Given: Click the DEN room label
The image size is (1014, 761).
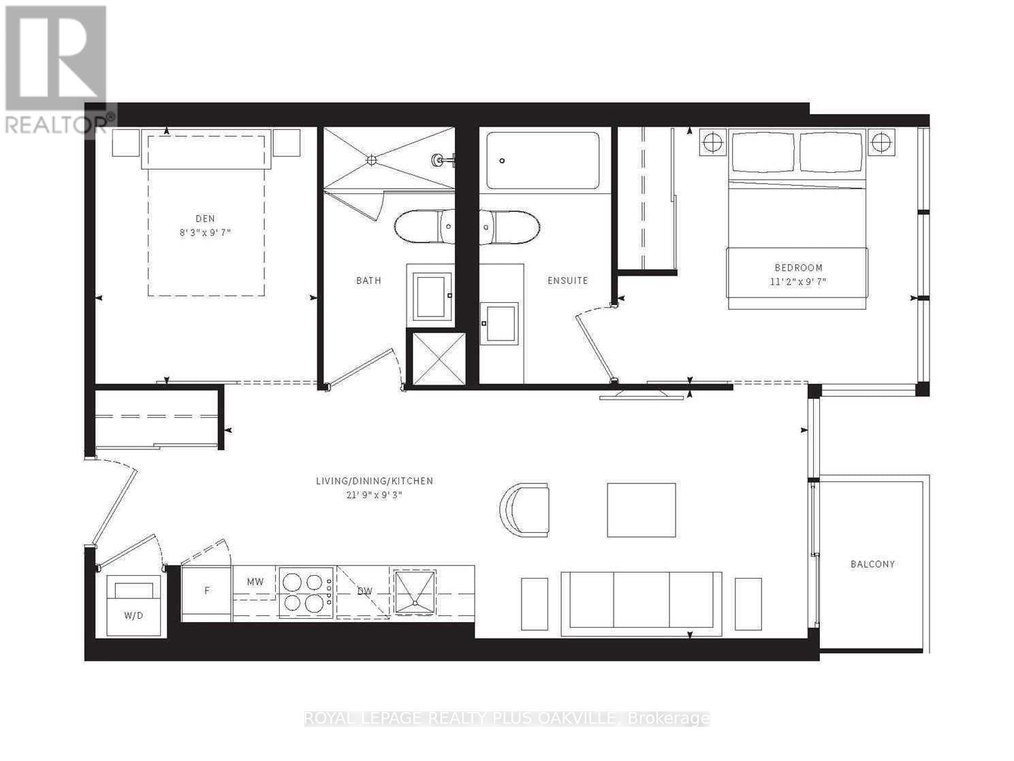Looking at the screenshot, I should coord(205,218).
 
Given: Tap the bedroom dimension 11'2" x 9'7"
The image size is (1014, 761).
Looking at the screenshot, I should coord(798,281).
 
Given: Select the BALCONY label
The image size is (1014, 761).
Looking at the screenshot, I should coord(872,564).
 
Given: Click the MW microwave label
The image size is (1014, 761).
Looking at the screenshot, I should coord(255,582).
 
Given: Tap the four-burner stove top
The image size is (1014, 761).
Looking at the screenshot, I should coord(304,592).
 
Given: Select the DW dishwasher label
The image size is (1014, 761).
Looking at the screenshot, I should coord(365,591).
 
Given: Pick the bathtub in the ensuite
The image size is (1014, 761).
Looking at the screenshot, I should coord(543,161).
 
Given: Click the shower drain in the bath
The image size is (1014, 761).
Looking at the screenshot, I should coord(371,160).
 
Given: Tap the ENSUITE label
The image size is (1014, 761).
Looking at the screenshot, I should coord(568,280).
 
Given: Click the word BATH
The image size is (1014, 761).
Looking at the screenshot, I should coord(368,280).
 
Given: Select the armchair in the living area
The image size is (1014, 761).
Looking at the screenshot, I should coord(526,510).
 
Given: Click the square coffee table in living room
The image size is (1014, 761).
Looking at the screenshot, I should coord(641,510).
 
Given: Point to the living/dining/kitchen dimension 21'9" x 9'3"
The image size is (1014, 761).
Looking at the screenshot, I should coord(374,495).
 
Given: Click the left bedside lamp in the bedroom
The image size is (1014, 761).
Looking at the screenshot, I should coord(712,143).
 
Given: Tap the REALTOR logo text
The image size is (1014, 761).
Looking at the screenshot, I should coord(56,125).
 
